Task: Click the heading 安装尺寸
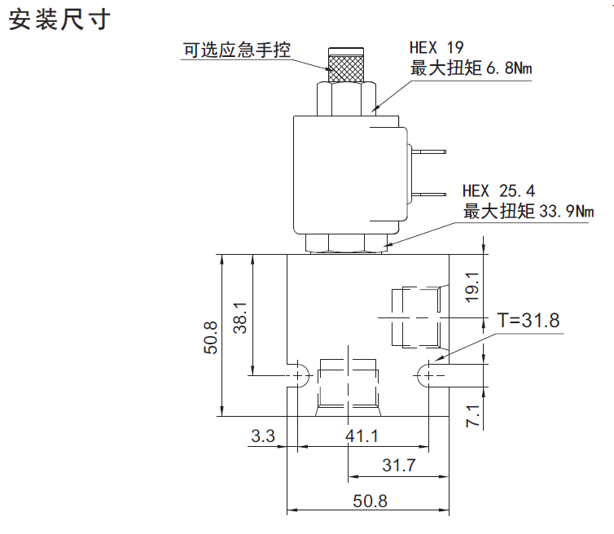(x=59, y=20)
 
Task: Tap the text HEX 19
(x=436, y=47)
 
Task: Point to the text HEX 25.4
(x=498, y=191)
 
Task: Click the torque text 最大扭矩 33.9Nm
(x=529, y=212)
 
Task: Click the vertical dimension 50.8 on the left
(x=211, y=336)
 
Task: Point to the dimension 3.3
(x=263, y=436)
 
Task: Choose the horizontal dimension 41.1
(x=362, y=436)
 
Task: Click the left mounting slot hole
(x=298, y=375)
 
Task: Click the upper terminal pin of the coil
(x=428, y=151)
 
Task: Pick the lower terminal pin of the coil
(x=428, y=194)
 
